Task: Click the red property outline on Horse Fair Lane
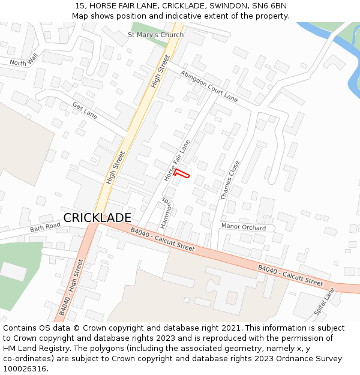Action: [x=182, y=173]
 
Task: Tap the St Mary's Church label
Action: [x=155, y=35]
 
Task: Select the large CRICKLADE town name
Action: [x=97, y=218]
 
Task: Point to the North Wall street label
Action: [x=23, y=59]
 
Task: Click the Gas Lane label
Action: [x=85, y=109]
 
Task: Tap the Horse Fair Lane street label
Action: [x=176, y=161]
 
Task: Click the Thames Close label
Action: [x=230, y=179]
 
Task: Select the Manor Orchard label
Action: [x=244, y=227]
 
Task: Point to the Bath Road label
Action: [x=46, y=227]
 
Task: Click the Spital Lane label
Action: [x=325, y=302]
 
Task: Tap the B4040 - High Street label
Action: [x=71, y=287]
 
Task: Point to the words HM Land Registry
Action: [x=34, y=348]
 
